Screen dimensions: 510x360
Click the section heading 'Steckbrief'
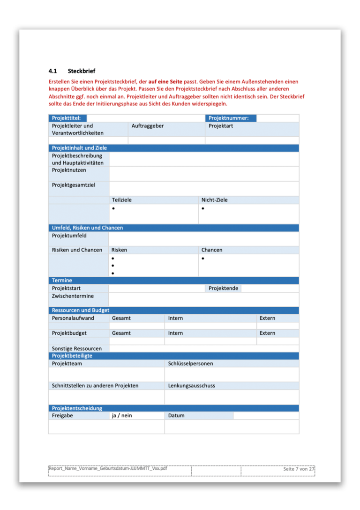[x=81, y=71]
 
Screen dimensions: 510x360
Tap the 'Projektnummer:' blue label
[x=228, y=118]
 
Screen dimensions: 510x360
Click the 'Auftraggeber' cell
[x=147, y=126]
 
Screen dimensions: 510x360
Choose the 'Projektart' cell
[x=221, y=126]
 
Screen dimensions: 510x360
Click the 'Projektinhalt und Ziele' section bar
[x=79, y=148]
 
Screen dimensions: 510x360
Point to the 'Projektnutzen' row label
[x=69, y=170]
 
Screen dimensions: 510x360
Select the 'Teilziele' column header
[x=121, y=200]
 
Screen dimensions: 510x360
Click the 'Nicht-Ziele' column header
[x=214, y=200]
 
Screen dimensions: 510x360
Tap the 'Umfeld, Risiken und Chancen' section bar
[x=87, y=228]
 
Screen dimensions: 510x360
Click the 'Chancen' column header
[x=212, y=250]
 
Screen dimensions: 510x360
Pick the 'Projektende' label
[x=223, y=288]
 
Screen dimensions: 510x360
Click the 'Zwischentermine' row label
[x=73, y=296]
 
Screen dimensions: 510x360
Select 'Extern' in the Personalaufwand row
[x=267, y=318]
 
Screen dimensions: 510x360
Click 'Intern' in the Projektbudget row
[x=175, y=333]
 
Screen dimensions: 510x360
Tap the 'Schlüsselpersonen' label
[x=190, y=364]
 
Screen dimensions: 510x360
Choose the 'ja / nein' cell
[x=122, y=416]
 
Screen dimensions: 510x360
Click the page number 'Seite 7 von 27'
[x=299, y=469]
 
